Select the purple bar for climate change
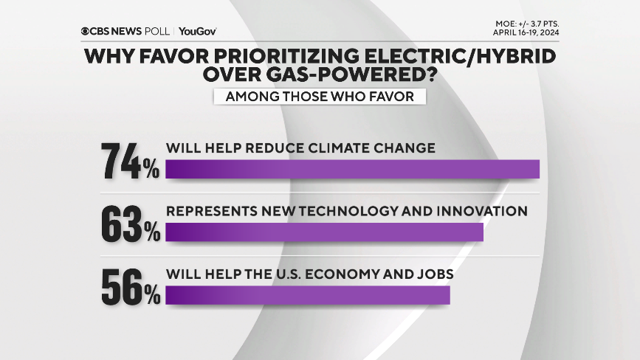[353, 168]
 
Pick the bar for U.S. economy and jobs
[308, 294]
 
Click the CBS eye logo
[86, 31]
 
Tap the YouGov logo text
[197, 31]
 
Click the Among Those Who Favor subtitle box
[320, 97]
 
